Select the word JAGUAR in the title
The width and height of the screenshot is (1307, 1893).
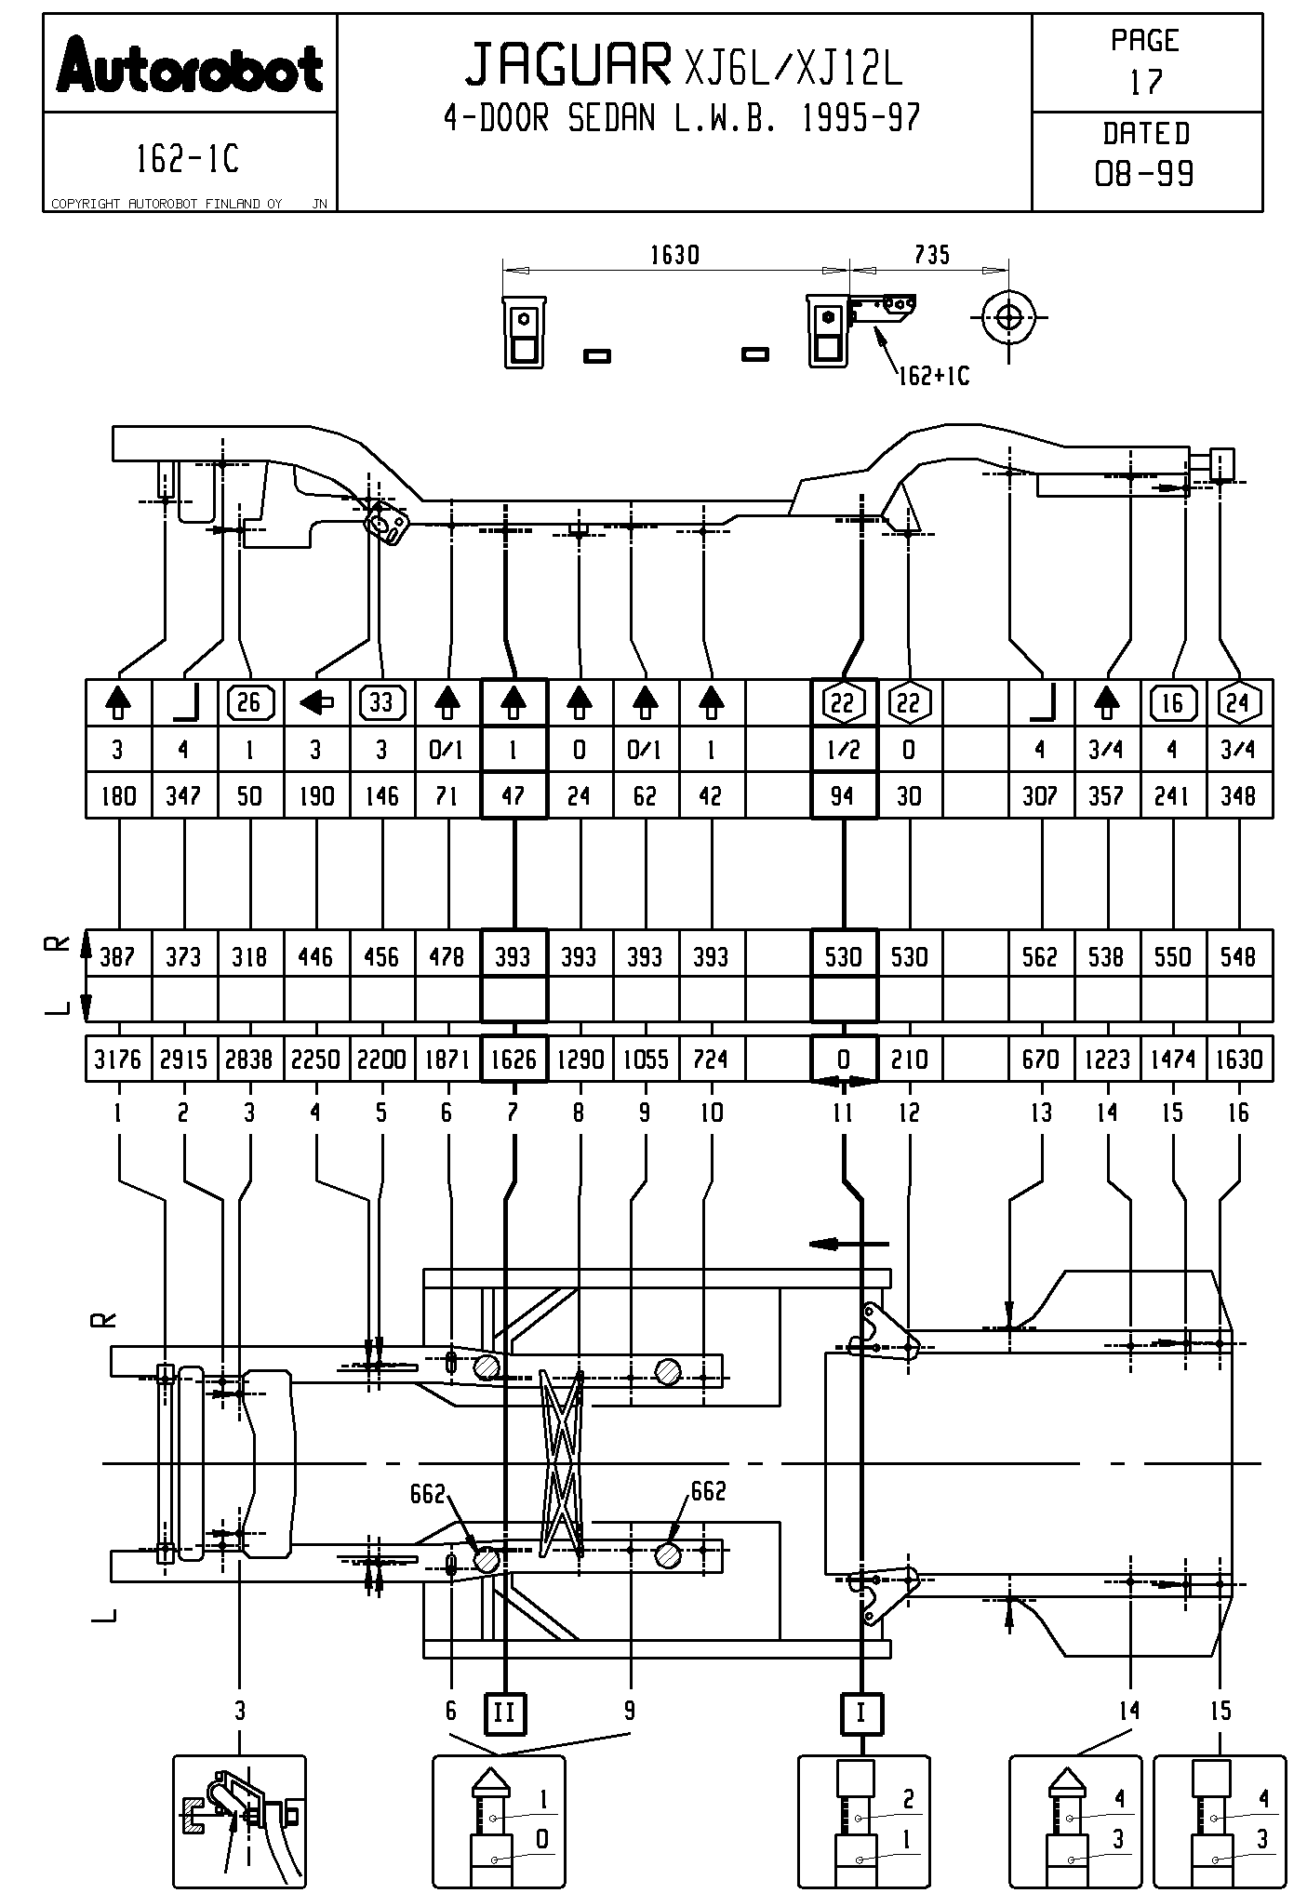pos(567,65)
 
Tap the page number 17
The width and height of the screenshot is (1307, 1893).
pos(1146,83)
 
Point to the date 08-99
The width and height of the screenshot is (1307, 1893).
pos(1145,174)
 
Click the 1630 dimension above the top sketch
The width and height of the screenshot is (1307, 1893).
pos(674,255)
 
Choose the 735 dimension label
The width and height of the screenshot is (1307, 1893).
pos(931,255)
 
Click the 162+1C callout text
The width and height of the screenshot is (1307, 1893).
pos(933,376)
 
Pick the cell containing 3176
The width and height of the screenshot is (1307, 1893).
pos(118,1060)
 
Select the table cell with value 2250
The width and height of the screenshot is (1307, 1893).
pos(316,1060)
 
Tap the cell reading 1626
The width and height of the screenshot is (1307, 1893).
pos(513,1060)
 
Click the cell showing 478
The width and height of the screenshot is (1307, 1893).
pos(447,957)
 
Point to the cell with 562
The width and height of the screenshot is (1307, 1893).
pos(1041,957)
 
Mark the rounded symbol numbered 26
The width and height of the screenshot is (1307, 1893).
pos(249,702)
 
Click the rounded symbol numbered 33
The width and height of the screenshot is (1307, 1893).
pos(381,702)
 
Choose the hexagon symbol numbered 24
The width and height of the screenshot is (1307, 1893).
pos(1238,703)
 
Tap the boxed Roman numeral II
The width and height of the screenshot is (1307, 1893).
pos(504,1712)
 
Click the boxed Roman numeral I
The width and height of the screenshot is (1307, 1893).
pos(860,1712)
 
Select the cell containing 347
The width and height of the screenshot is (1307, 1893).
pos(184,796)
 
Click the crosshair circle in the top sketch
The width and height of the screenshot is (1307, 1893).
pos(1008,318)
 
